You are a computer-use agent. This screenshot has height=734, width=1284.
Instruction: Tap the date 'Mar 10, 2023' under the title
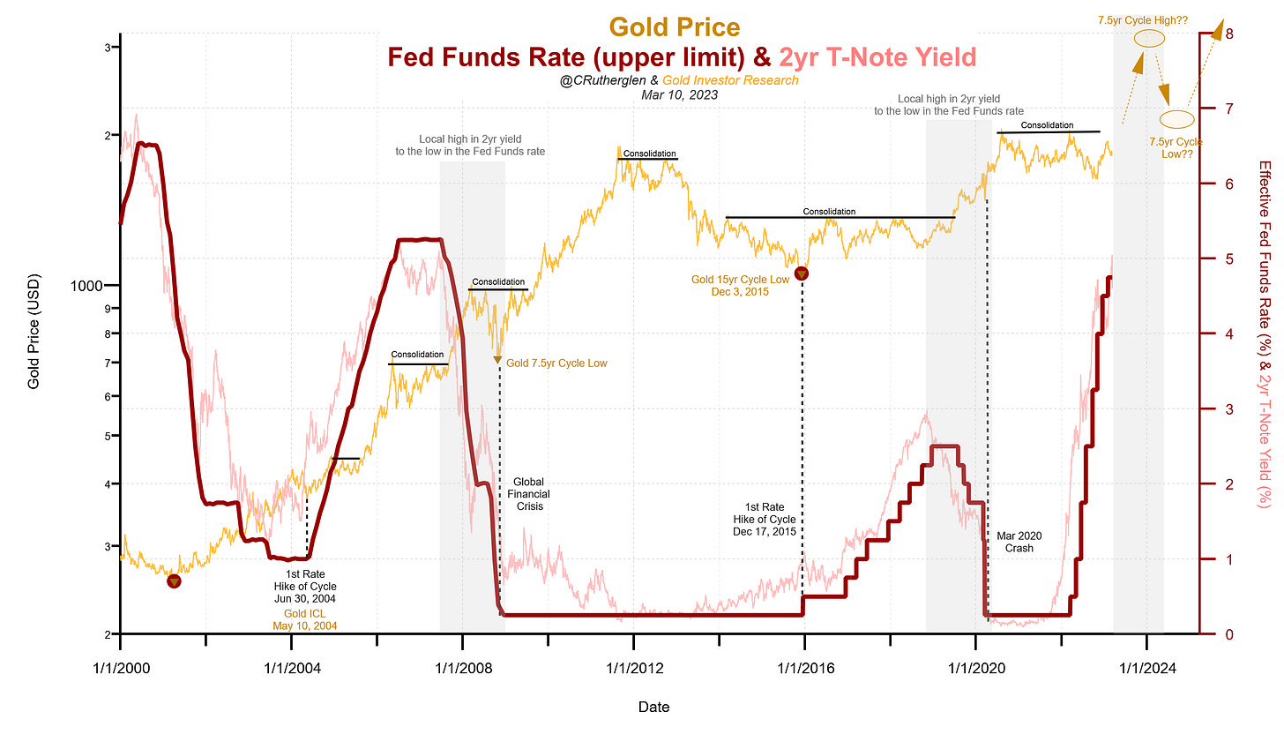[679, 94]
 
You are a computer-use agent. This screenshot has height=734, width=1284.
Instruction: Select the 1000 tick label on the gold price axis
[91, 286]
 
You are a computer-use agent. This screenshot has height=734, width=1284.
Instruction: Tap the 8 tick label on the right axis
[1228, 34]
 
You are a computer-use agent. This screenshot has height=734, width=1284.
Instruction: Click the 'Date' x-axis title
[653, 707]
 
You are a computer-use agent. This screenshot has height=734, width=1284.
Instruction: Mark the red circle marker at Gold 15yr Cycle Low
[802, 273]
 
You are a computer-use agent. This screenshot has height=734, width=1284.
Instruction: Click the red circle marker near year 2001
[174, 581]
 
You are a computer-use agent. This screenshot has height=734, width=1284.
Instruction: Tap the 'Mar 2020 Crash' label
[1019, 541]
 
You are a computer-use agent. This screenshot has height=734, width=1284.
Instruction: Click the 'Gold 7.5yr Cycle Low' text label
[556, 363]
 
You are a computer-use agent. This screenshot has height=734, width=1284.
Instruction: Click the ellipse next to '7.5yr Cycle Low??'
[1176, 119]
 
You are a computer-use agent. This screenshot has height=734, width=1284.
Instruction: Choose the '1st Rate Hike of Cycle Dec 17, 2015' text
[765, 520]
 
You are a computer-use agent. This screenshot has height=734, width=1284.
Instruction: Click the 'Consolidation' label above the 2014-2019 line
[829, 212]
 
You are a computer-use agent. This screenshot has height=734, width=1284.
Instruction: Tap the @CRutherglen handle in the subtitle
[595, 80]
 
